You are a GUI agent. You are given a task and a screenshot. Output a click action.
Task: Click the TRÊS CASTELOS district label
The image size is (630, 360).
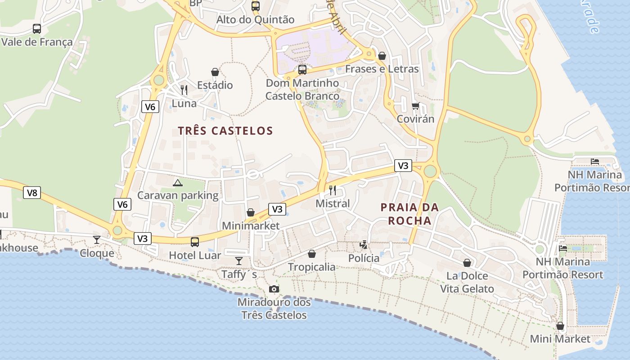coord(225,131)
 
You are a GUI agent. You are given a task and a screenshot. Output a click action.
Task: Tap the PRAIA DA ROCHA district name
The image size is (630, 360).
coord(409,214)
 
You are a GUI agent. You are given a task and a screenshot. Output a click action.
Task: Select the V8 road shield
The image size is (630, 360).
coord(32,193)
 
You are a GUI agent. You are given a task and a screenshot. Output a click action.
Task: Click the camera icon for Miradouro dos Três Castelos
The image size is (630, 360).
coord(274,289)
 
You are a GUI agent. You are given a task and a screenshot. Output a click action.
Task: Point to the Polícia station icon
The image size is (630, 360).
coord(364,245)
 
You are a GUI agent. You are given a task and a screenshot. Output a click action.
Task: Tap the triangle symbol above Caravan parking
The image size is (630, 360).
coord(178,183)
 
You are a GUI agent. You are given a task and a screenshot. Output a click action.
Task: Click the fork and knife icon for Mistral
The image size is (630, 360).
coord(333,190)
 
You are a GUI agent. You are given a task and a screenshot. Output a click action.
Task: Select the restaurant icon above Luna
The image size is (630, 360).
coord(184,90)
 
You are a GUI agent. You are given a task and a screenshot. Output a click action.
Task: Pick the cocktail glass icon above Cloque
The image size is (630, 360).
coord(97,240)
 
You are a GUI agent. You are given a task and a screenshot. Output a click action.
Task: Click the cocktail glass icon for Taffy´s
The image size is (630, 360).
coord(239,261)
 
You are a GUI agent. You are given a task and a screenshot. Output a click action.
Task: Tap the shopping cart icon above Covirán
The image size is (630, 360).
coord(415,106)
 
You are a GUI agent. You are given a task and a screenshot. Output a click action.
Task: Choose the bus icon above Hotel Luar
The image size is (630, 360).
coord(195,242)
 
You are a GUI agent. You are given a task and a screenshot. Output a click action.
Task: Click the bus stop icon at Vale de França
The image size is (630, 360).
coord(37,29)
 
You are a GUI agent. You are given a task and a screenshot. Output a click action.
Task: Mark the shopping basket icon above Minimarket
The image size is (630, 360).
coord(251,212)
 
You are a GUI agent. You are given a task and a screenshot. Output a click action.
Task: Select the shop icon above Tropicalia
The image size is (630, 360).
coord(312,254)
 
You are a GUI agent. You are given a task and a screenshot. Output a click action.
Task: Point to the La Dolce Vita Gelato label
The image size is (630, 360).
coord(467,282)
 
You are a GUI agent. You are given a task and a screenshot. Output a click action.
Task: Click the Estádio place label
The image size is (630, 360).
coord(215,85)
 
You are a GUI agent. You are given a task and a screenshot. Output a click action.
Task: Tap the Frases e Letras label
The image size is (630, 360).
coord(382,69)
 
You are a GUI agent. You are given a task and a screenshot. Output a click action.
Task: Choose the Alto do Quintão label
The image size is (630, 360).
coord(255,19)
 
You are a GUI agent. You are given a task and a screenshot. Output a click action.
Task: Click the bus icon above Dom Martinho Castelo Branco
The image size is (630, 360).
coord(302,70)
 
